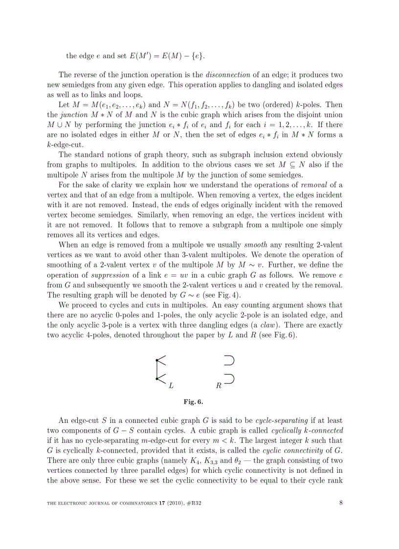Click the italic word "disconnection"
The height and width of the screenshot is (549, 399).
[x=228, y=75]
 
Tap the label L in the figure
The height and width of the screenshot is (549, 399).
[x=171, y=385]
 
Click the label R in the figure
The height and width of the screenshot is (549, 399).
[x=219, y=385]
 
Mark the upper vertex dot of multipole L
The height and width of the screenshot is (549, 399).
[x=156, y=360]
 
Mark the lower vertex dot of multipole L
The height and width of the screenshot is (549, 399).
[x=156, y=378]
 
